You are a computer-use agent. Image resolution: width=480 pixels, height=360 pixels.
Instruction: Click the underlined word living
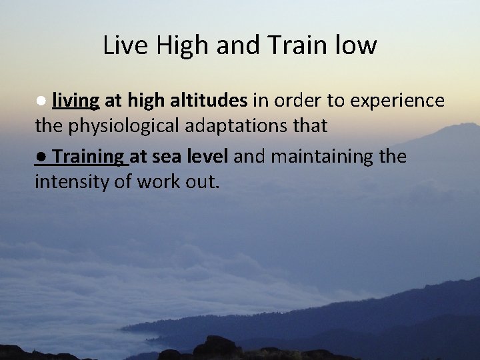[76, 101]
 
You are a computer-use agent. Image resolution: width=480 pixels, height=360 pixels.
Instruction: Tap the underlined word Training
[89, 157]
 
